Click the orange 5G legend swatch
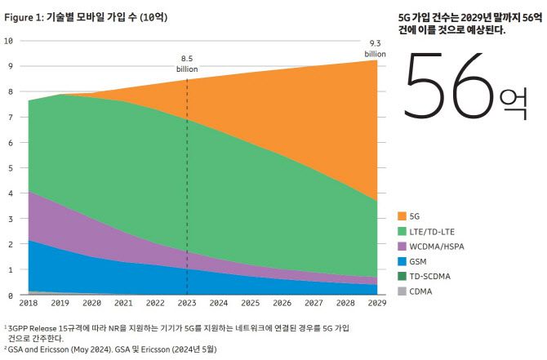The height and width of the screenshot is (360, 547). tap(402, 216)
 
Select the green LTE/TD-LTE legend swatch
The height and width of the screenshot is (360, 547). tap(402, 231)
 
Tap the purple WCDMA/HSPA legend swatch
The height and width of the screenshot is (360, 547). tap(402, 246)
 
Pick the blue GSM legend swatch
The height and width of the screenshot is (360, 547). tap(402, 261)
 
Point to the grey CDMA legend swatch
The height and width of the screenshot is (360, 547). tap(402, 291)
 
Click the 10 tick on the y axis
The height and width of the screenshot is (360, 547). tap(8, 41)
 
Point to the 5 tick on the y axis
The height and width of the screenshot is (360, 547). tap(8, 168)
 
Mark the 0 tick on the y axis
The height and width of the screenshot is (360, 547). tap(8, 296)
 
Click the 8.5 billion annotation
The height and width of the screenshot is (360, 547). tap(188, 63)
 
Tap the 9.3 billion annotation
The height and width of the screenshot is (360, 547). tap(376, 48)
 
